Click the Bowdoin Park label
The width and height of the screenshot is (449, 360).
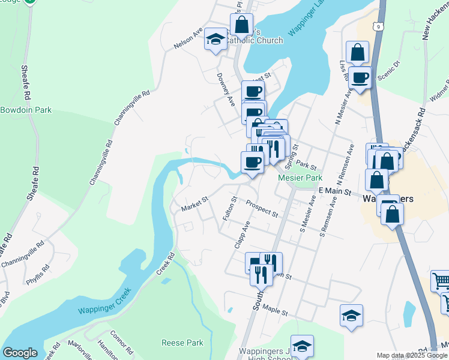pos(26,110)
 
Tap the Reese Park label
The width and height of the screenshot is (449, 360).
pos(182,343)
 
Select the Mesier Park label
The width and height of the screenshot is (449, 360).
pos(300,178)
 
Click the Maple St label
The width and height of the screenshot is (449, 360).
pos(276,313)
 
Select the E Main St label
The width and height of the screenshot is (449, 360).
pos(334,190)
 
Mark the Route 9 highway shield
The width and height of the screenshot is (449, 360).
pos(377,26)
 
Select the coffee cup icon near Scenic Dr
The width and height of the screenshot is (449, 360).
pos(360,77)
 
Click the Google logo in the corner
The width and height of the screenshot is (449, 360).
pos(20,353)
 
